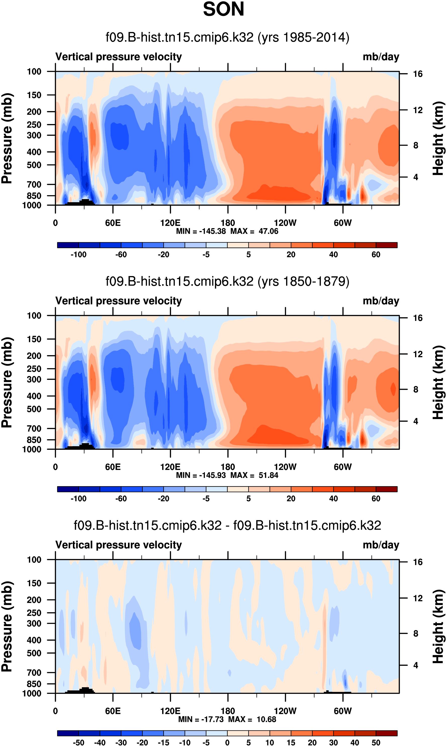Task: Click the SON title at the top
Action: (223, 9)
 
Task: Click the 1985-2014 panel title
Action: (228, 37)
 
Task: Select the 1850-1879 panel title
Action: (228, 281)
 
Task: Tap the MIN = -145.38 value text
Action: (201, 231)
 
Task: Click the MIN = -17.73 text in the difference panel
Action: (201, 719)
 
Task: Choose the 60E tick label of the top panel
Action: (113, 223)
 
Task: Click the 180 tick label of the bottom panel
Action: (228, 711)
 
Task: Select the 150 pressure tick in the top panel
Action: (34, 95)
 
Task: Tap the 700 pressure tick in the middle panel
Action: (34, 428)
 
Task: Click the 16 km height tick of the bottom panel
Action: (418, 562)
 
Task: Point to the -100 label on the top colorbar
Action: (78, 255)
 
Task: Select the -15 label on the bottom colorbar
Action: (164, 742)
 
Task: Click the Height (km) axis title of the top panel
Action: (438, 138)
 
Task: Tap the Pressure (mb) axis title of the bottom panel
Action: (7, 626)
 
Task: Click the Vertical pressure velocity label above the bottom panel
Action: (119, 545)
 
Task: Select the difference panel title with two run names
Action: (228, 526)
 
